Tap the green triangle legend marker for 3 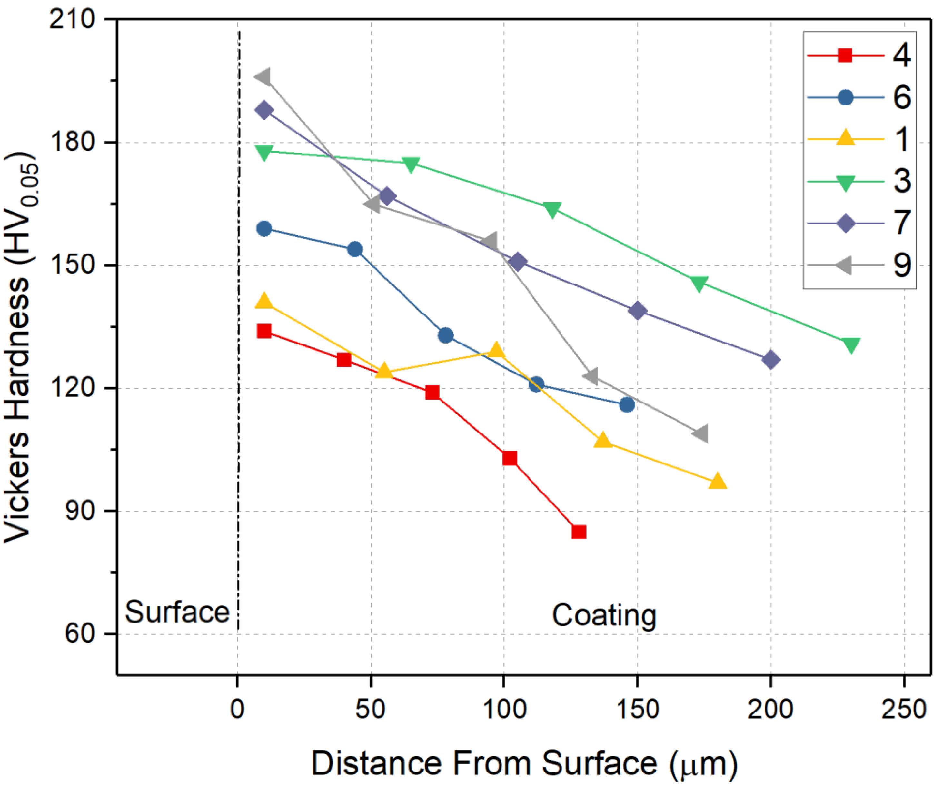[x=846, y=182]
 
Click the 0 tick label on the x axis [x=238, y=710]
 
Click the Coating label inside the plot [x=604, y=616]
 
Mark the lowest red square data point [x=579, y=532]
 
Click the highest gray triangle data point [x=263, y=77]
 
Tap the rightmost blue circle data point [x=627, y=405]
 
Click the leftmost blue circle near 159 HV [x=264, y=229]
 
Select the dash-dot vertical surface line [x=238, y=404]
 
